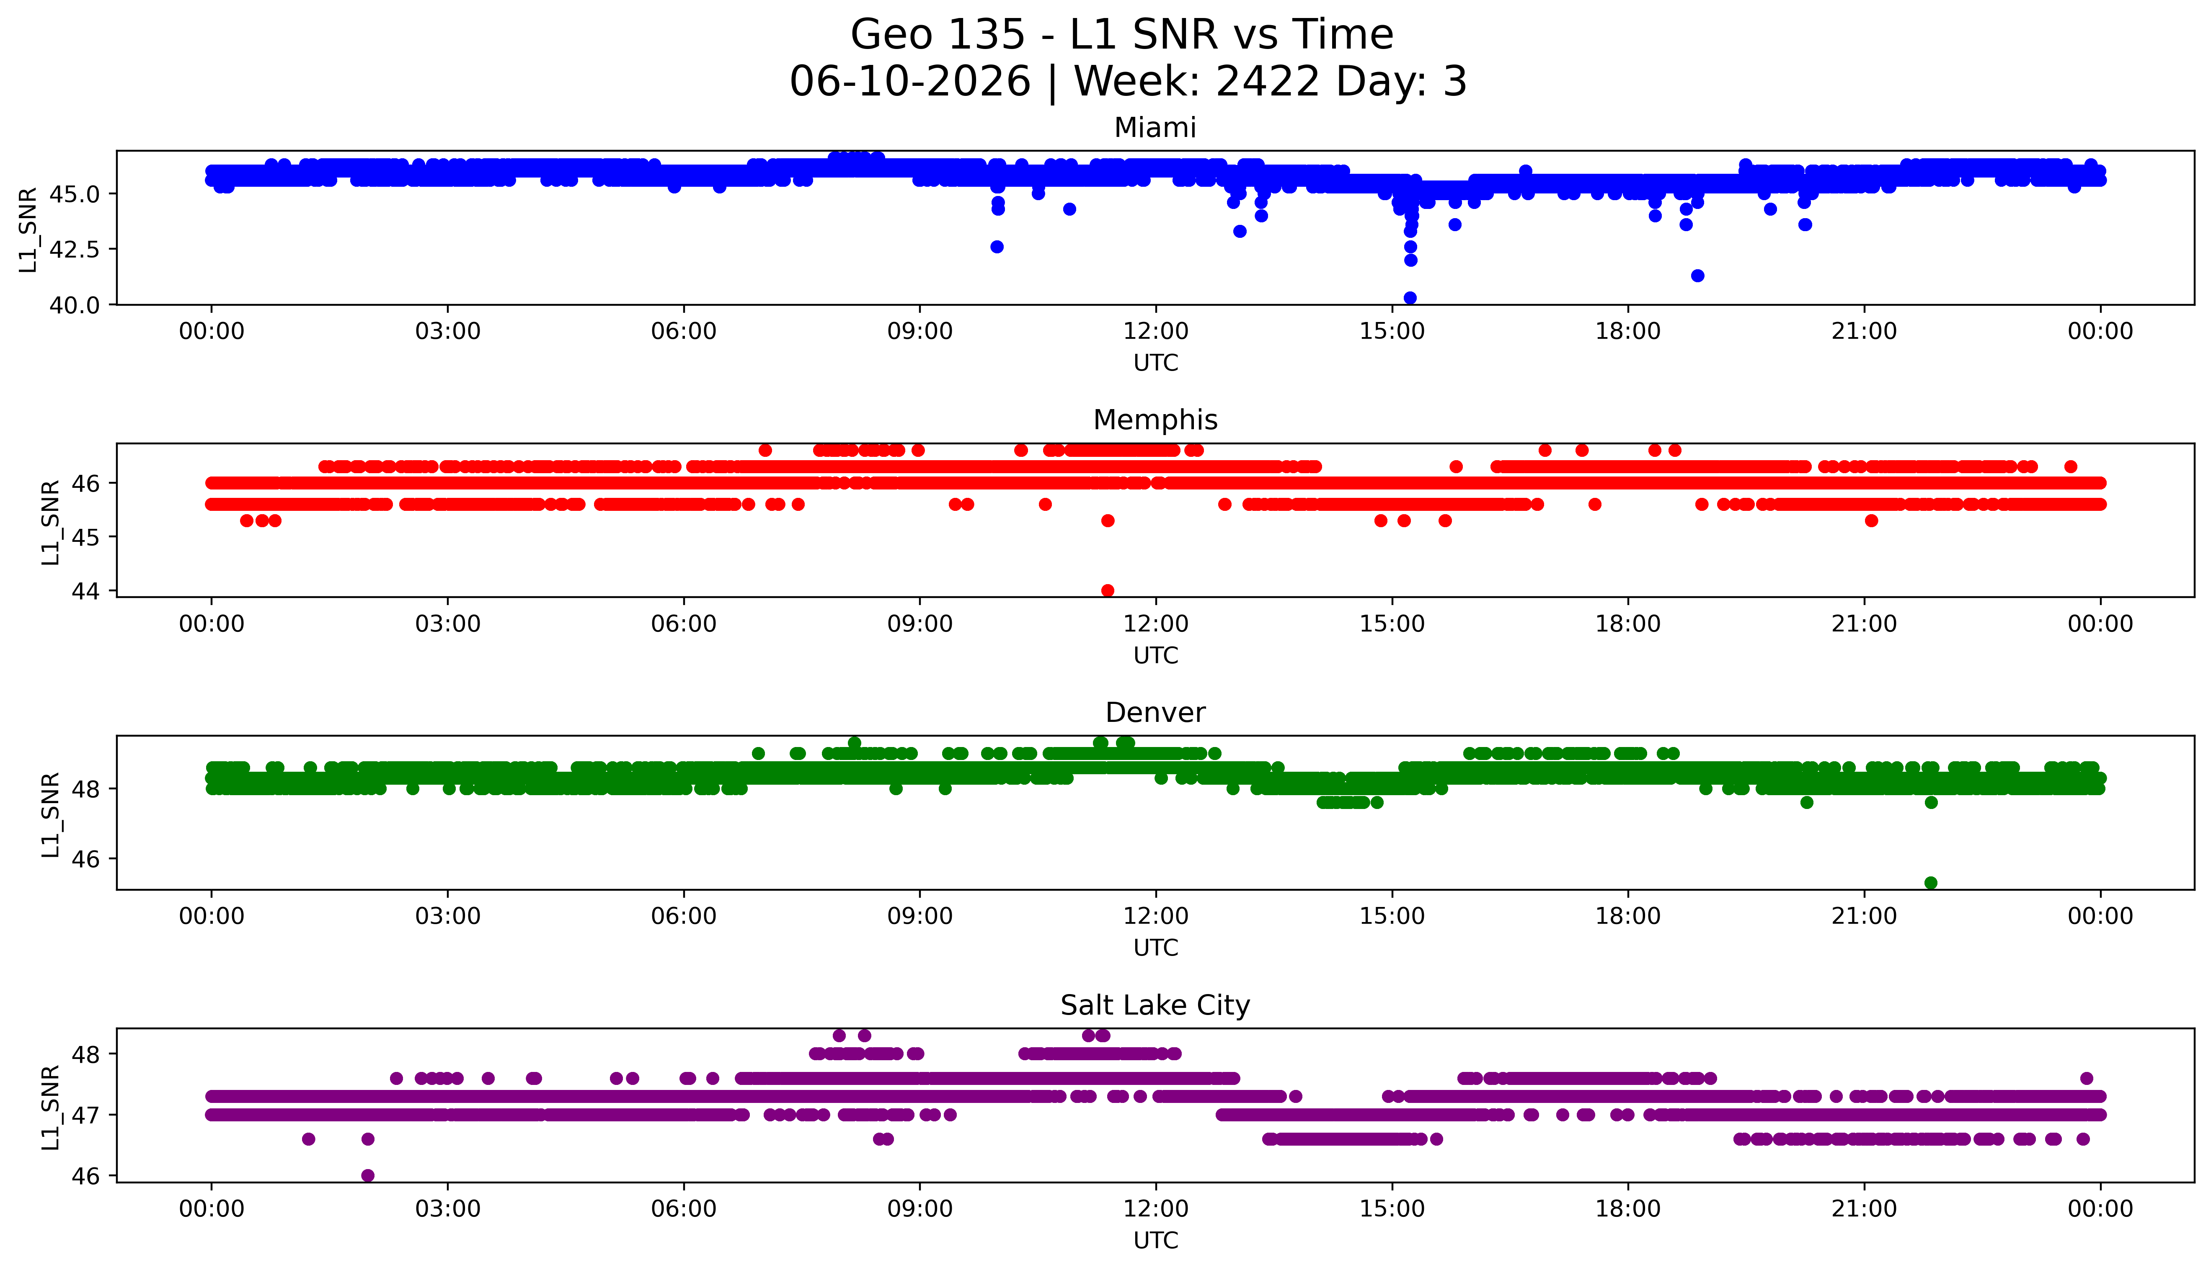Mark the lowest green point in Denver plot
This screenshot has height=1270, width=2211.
[x=1931, y=883]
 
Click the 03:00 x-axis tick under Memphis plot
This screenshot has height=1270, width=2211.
[x=448, y=623]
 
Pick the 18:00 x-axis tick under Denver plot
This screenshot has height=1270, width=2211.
[x=1628, y=916]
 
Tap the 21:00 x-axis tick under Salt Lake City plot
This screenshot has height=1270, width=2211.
[x=1864, y=1209]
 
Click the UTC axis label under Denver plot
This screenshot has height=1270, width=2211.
[x=1155, y=948]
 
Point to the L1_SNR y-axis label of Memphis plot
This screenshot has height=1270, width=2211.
[x=51, y=522]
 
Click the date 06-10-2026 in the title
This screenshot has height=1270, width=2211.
[x=910, y=82]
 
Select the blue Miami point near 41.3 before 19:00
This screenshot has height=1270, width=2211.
[x=1697, y=276]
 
